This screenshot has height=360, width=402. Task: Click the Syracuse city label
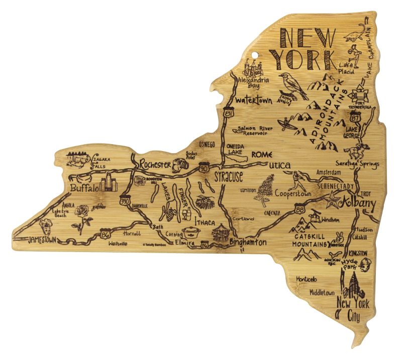(229, 176)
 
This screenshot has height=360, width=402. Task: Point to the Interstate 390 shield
(126, 200)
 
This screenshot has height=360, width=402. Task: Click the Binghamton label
(248, 242)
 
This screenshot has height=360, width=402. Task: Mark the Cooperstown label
(291, 192)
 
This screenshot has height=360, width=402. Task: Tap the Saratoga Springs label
(357, 164)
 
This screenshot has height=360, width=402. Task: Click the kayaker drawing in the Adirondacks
(285, 122)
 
